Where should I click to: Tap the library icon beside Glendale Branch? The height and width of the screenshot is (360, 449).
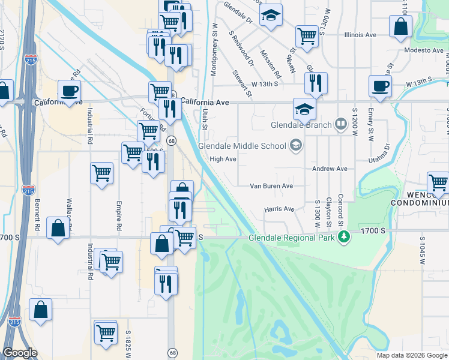coord(341,124)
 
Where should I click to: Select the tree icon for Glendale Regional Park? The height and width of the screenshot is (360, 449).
coord(345,238)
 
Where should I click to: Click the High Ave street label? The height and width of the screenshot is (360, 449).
coord(223,160)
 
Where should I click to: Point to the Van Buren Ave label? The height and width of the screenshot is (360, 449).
coord(271,186)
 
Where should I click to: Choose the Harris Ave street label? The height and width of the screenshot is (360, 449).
coord(279,209)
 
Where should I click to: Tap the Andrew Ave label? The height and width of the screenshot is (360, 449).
coord(330,169)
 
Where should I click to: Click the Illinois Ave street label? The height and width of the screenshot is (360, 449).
coord(360,35)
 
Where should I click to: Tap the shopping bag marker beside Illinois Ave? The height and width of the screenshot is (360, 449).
coord(400,26)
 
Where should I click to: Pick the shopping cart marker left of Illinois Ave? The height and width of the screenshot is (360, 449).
coord(307,35)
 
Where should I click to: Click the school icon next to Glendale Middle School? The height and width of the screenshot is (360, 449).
coord(295,145)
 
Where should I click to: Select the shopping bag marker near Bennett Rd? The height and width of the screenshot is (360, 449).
coord(57,228)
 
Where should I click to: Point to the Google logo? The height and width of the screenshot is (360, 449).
coord(20,353)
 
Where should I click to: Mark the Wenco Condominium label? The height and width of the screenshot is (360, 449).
coord(420,199)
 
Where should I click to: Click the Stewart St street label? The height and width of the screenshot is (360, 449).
coord(241,83)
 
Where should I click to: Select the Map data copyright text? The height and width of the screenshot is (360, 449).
coord(411,355)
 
